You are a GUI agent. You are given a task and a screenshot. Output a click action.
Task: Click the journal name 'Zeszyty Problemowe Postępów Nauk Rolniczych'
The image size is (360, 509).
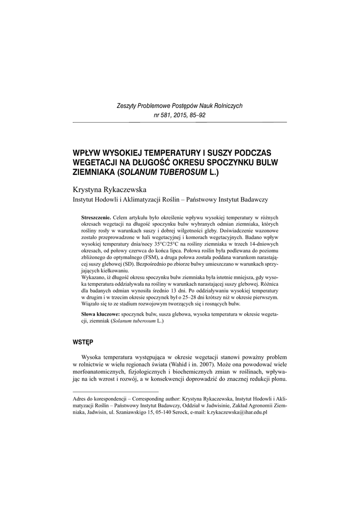[180, 106]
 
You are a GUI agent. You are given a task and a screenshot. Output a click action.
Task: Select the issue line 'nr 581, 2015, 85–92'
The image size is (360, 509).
[180, 115]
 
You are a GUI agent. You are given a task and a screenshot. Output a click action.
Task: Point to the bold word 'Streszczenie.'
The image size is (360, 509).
[96, 218]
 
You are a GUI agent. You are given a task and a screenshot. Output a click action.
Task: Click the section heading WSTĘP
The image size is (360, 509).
[83, 342]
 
